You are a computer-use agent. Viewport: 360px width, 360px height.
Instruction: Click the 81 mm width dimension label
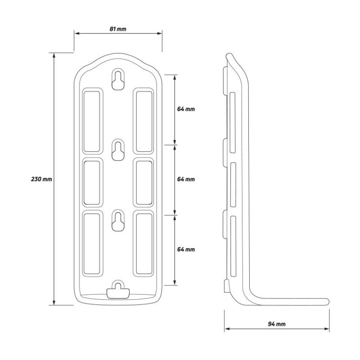[x=118, y=29]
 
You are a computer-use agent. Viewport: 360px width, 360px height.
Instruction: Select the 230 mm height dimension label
[x=41, y=179]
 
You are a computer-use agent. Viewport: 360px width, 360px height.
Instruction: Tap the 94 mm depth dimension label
[x=277, y=324]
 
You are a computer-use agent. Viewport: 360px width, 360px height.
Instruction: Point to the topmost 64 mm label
[x=186, y=109]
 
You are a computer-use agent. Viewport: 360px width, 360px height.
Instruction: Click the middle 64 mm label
[x=186, y=179]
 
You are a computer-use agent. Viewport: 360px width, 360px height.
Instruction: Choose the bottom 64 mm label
[x=186, y=249]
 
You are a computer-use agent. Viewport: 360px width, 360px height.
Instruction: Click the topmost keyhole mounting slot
[x=118, y=80]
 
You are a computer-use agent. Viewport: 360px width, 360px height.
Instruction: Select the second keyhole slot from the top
[x=118, y=150]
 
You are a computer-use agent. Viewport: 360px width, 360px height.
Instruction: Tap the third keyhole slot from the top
[x=118, y=220]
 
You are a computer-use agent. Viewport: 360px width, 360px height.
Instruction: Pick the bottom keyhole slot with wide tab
[x=118, y=291]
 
